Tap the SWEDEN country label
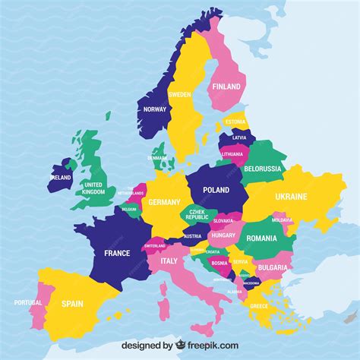coord(179,95)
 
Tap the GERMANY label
coord(164,203)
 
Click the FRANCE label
coord(117,253)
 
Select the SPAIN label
coord(72,304)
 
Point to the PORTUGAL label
coord(27,302)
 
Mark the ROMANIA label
coord(263,238)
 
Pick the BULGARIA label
coord(271,267)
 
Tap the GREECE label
coord(259,306)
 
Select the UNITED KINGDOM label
coord(93,188)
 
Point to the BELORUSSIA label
coord(263,169)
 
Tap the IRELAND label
coord(61,177)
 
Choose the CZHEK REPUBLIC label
coord(197,213)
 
